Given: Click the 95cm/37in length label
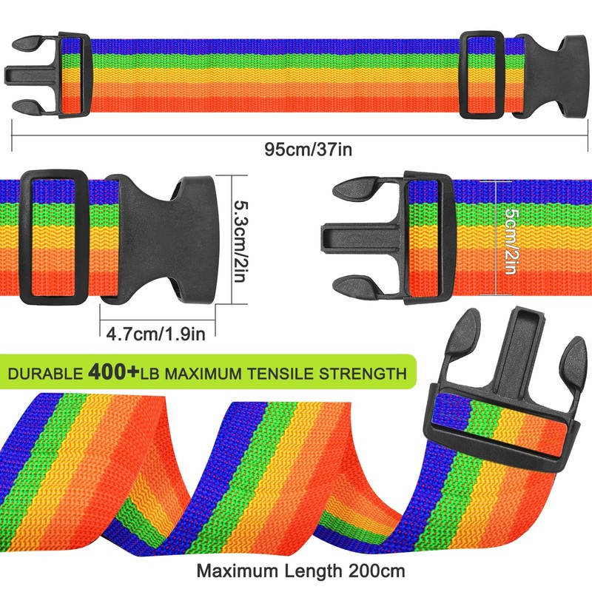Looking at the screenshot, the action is [308, 149].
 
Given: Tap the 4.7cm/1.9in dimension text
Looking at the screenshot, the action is [156, 334].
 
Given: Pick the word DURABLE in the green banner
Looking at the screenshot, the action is [45, 374].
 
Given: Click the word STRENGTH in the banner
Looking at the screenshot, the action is [363, 374].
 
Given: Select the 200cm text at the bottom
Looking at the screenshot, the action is [377, 571].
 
